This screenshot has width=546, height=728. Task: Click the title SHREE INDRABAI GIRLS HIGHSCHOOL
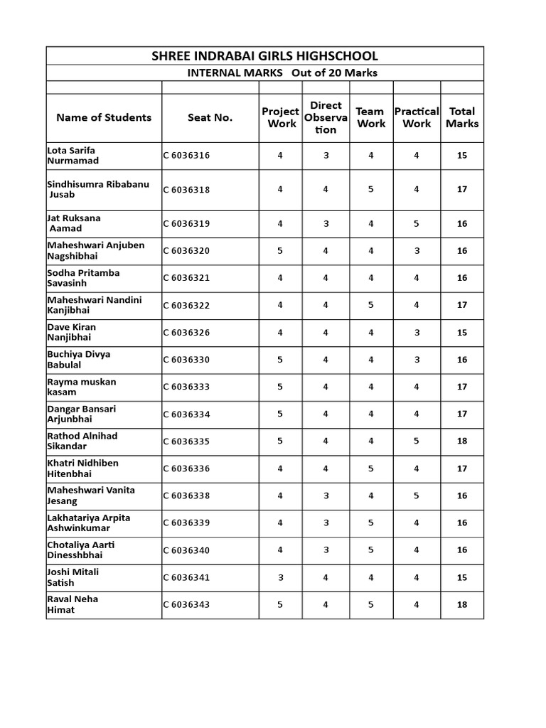[264, 56]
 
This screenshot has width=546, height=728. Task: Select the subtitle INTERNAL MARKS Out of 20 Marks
[282, 73]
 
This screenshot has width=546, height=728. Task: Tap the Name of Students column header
[104, 117]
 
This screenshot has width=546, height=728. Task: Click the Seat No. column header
[210, 117]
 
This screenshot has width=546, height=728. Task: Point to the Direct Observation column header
[326, 117]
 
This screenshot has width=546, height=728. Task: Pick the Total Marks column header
[462, 117]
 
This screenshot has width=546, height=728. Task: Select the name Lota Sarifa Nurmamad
[73, 156]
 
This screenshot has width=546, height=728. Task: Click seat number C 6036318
[187, 190]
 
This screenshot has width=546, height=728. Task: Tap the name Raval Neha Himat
[73, 604]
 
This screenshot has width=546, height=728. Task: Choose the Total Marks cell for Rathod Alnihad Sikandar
[462, 441]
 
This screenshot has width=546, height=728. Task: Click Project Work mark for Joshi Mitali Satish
[280, 577]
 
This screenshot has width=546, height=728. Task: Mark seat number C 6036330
[187, 360]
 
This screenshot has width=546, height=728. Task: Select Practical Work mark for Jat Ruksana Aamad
[417, 223]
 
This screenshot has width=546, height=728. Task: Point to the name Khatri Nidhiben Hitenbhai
[82, 468]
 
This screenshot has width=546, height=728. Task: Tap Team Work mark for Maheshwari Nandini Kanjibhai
[370, 305]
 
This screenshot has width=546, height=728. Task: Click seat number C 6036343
[187, 604]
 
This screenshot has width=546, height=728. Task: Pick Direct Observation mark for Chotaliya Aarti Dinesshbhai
[326, 550]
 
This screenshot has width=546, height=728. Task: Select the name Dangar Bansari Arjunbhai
[81, 414]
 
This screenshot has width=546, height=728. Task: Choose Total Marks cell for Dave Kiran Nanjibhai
[462, 333]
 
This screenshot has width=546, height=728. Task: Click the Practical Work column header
[417, 117]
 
